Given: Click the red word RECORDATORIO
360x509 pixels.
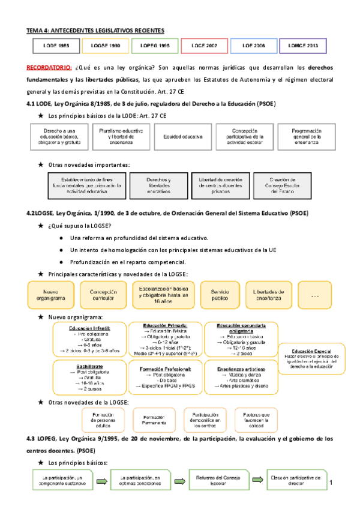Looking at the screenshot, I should pos(50,68).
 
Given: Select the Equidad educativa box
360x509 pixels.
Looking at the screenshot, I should pos(179,136).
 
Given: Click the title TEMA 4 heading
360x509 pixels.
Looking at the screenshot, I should pos(95,30).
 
